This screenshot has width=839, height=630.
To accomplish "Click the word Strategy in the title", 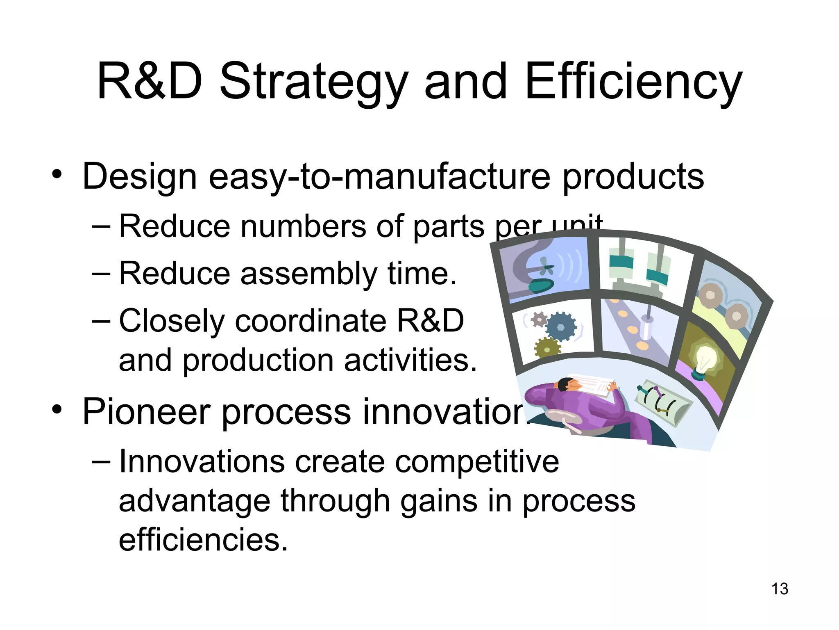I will [314, 82].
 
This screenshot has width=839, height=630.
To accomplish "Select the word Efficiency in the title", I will [633, 82].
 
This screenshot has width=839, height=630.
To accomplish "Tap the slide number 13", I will [780, 589].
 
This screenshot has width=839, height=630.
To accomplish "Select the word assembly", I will [308, 274].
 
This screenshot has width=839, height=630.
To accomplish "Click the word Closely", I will [171, 321].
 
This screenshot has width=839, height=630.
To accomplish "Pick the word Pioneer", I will [146, 411].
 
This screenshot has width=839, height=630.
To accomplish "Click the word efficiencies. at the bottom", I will [203, 540].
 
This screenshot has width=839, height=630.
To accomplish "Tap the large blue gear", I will [561, 326].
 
